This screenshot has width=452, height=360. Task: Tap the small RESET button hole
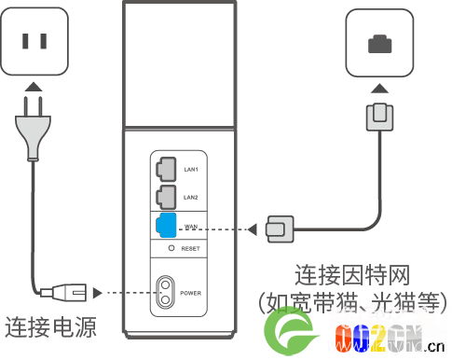point(171,249)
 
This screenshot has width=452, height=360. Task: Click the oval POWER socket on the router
point(166,291)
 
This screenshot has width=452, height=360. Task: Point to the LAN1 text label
point(192,169)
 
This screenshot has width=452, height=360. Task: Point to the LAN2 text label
point(192,198)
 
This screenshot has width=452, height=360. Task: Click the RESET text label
point(192,250)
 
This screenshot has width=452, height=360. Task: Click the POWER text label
point(192,292)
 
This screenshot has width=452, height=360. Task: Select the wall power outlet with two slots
point(35,42)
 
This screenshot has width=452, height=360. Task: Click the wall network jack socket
point(379,42)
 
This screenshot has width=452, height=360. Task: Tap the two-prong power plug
point(34,126)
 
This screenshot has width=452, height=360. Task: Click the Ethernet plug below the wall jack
point(379,118)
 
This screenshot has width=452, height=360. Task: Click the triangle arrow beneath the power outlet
point(34,86)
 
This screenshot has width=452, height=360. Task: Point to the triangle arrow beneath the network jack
point(379,87)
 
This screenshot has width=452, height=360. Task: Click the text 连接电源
point(50,327)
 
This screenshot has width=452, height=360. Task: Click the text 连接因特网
point(352,276)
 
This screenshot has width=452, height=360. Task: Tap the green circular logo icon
point(289,331)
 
